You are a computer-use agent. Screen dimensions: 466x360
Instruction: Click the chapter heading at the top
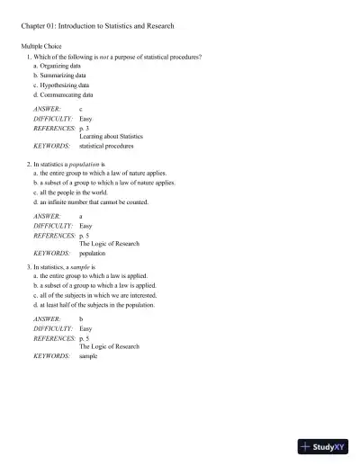coord(97,26)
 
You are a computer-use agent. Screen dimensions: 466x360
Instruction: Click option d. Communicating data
coord(64,94)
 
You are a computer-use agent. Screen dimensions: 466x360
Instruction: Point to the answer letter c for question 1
coord(81,109)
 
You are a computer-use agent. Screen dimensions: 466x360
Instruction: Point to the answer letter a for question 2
coord(81,217)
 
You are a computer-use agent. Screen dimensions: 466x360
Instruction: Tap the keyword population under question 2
coord(93,253)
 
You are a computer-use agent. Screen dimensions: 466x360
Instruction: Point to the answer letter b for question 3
coord(81,319)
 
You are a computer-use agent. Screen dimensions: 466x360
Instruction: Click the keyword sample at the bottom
coord(88,356)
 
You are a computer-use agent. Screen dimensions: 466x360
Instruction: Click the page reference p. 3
coord(85,128)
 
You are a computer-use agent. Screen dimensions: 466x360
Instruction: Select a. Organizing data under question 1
coord(59,66)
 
